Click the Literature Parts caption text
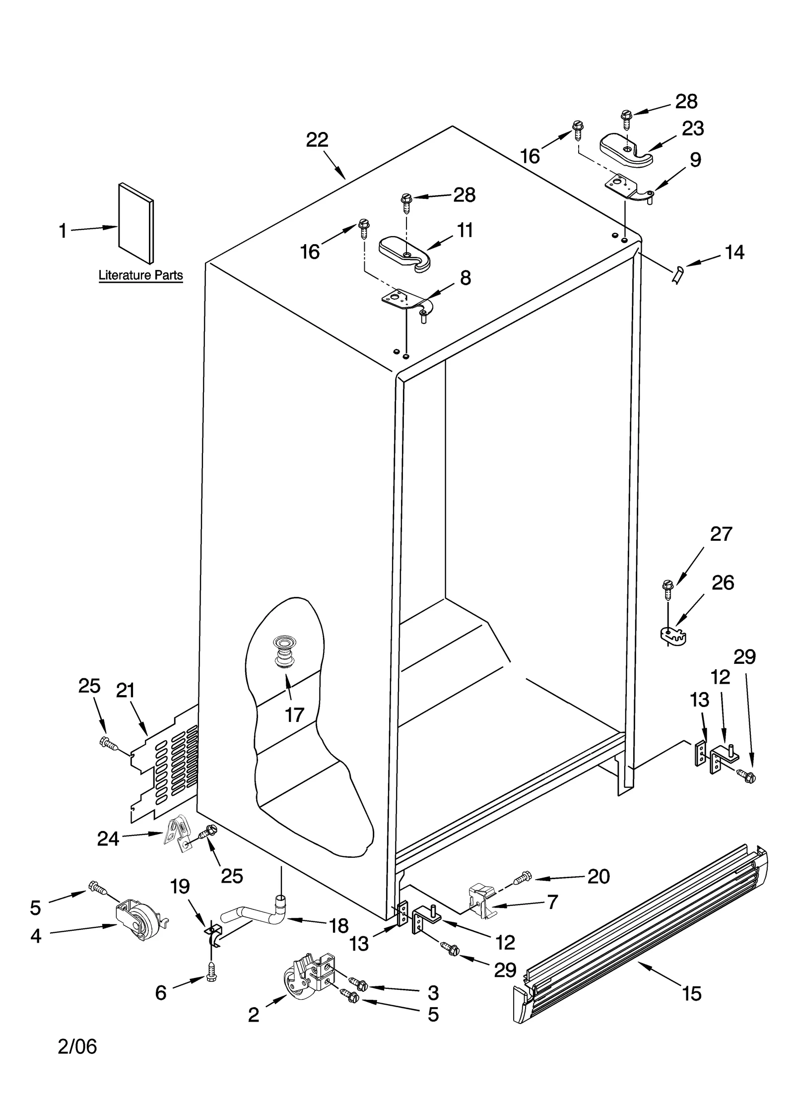(x=140, y=275)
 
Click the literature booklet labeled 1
(x=135, y=223)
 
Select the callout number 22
(x=317, y=140)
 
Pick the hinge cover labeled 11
(x=404, y=254)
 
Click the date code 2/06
(x=77, y=1060)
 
